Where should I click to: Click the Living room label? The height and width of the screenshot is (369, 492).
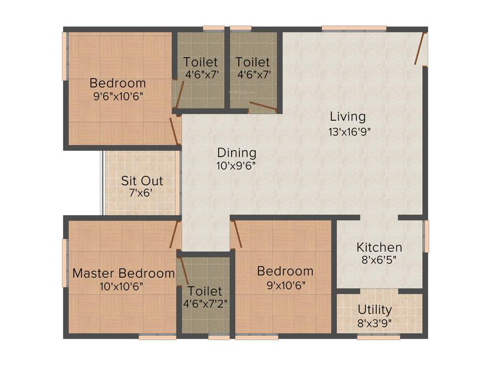point(347,116)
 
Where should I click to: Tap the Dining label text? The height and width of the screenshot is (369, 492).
point(236,153)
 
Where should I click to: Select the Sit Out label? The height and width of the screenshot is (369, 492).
point(142,181)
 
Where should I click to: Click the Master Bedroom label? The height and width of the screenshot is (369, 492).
point(123,273)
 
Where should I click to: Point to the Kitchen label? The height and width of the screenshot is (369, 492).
point(379,247)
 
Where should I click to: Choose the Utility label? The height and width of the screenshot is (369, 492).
point(375,309)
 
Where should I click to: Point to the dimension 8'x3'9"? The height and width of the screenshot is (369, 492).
point(375,322)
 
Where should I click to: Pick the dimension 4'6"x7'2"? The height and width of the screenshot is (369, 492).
point(205,304)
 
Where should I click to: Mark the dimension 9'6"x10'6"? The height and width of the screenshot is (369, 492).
point(118,96)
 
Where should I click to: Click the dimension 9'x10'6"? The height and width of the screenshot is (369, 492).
point(285,284)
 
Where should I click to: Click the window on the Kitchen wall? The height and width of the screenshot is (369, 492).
point(425,236)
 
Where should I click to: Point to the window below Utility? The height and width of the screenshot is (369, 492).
point(379,337)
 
